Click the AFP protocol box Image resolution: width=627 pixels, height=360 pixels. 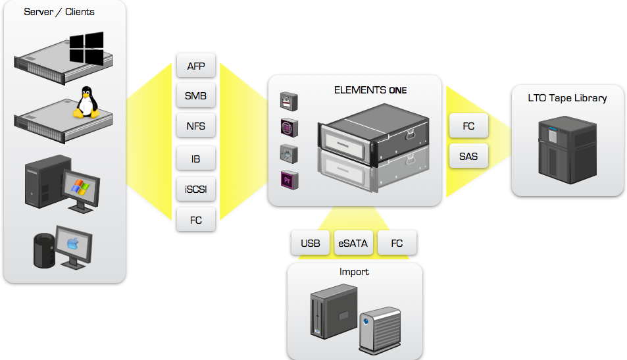pos(196,66)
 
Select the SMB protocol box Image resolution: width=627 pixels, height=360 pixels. pos(196,96)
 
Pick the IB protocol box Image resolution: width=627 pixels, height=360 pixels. pos(196,159)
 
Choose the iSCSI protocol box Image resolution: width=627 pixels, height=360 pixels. pos(196,190)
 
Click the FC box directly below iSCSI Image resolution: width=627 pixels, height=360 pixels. pos(196,220)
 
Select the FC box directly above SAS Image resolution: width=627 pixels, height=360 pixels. pos(468,126)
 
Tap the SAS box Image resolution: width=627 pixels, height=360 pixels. pos(468,157)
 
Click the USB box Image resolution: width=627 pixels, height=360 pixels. pos(311,243)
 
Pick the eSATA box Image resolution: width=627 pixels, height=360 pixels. pos(353,243)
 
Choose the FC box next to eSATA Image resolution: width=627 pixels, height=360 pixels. pos(397,243)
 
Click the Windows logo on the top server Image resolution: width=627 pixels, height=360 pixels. pos(87,48)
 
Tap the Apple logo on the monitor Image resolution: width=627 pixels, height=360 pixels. pos(72,244)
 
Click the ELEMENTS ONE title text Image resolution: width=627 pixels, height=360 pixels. pos(370,90)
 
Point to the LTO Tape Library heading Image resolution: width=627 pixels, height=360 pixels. pos(567,98)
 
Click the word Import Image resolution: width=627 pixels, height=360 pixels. pos(354,271)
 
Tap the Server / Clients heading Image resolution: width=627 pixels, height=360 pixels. pos(59,12)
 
